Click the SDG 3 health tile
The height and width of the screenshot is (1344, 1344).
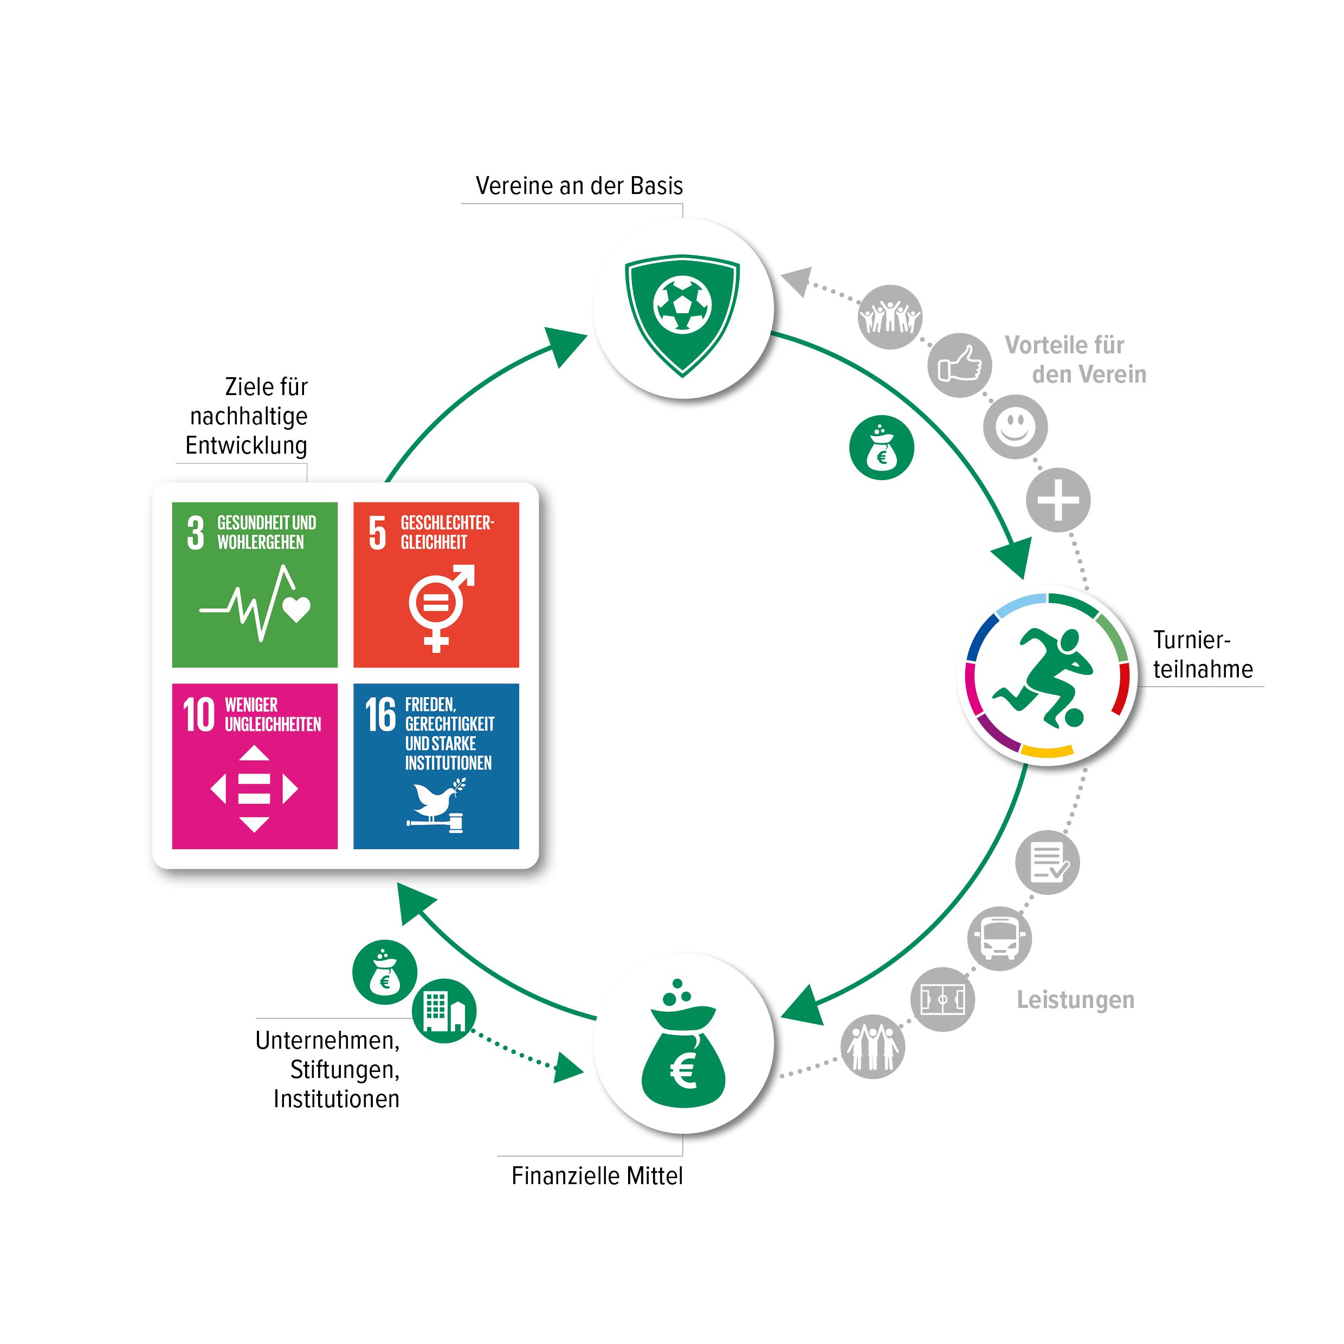point(255,584)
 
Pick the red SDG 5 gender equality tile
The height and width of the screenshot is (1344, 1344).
point(436,584)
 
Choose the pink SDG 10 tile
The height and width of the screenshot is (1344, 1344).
point(255,766)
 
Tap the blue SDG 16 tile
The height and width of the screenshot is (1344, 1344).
point(436,766)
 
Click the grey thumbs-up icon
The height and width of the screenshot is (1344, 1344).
point(959,365)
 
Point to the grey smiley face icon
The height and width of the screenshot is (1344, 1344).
point(1015,427)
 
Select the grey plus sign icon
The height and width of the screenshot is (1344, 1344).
point(1058,500)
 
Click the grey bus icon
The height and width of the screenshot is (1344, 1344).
point(1000,939)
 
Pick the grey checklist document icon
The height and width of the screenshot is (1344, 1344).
point(1047,862)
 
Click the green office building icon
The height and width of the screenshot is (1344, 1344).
point(444,1011)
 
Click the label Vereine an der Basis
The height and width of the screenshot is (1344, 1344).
point(579,186)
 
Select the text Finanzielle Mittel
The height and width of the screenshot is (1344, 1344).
point(597,1175)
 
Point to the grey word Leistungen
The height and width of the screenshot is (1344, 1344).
point(1076,1000)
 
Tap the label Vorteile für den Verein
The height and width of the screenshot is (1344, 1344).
point(1075,360)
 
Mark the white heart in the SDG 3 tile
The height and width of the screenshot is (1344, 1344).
point(296,609)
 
